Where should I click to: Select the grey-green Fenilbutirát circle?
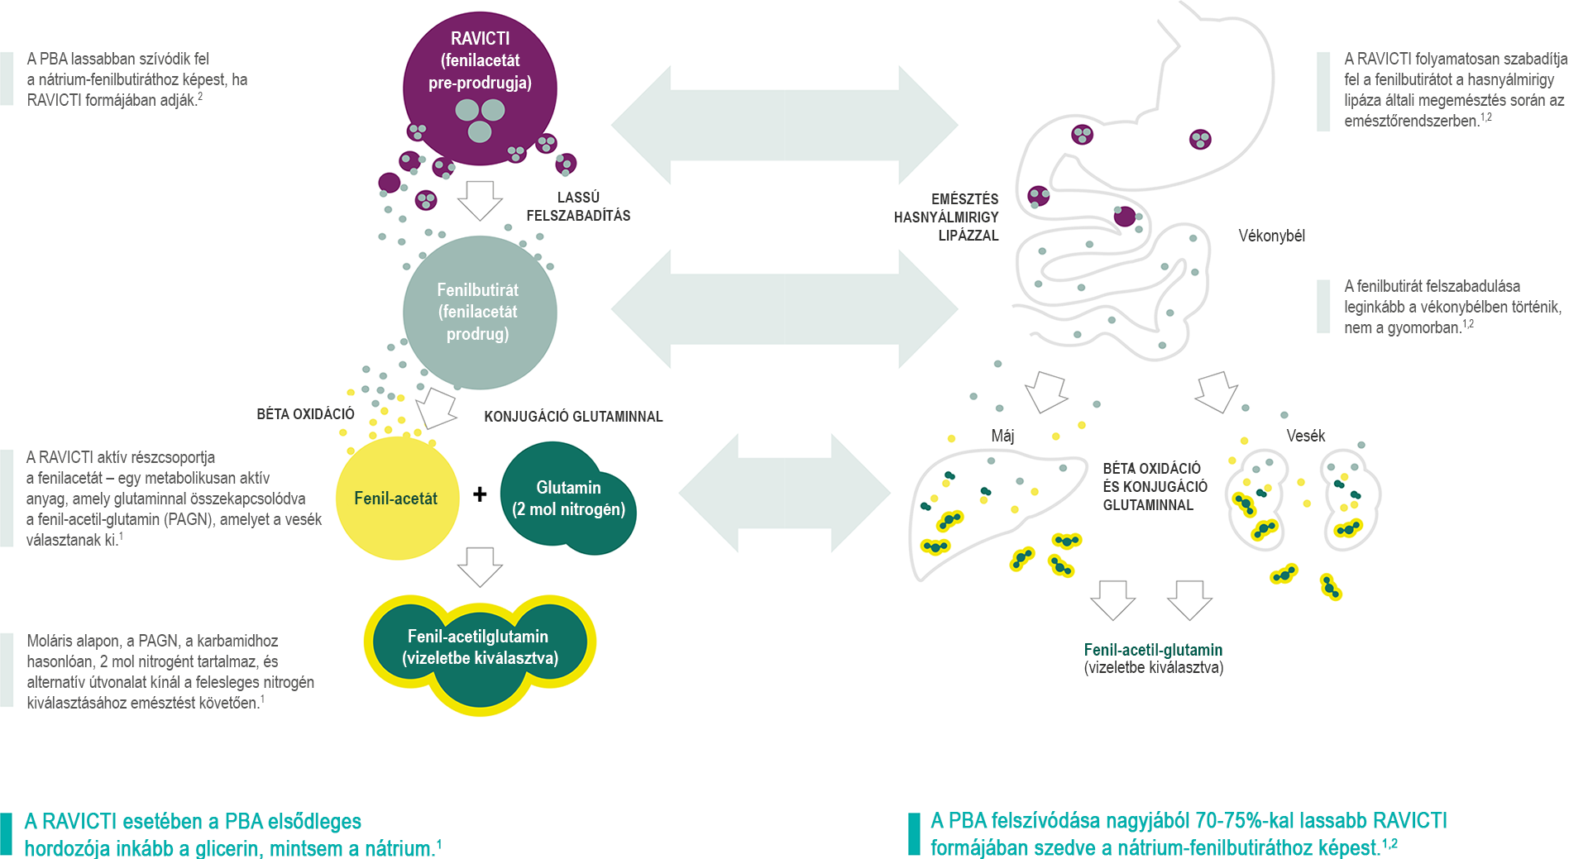point(479,312)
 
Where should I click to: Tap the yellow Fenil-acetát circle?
point(396,498)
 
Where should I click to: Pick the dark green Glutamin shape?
point(568,498)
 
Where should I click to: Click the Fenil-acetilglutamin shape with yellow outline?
point(480,647)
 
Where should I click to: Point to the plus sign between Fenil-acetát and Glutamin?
point(480,494)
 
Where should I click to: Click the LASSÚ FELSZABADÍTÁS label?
point(578,207)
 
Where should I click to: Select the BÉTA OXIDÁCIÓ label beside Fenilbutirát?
point(305,414)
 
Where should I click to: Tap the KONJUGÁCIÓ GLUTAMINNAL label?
point(573,417)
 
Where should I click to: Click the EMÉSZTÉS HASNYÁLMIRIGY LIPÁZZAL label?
point(946,217)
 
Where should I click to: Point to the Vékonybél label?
point(1271,236)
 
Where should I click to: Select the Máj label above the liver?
point(1002,436)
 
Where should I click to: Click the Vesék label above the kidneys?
point(1305,436)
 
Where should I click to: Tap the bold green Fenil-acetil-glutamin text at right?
point(1153,650)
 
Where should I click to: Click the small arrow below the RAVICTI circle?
point(480,200)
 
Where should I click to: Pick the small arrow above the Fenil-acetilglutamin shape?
point(480,566)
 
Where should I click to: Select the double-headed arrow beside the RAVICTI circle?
point(784,126)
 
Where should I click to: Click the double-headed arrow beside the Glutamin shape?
point(784,494)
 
